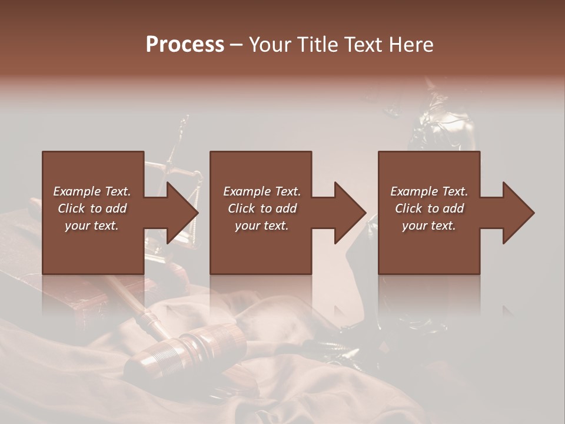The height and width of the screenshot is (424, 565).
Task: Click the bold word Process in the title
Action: (x=185, y=45)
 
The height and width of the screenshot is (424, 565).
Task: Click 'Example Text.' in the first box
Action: (x=92, y=191)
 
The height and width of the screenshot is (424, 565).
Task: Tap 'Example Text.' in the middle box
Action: (x=261, y=191)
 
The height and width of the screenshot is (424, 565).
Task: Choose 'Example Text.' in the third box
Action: (x=429, y=191)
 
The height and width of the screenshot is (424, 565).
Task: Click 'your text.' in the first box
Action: (x=92, y=226)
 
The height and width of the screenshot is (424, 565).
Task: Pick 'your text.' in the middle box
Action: (x=261, y=226)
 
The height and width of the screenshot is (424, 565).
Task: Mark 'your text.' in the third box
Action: (x=429, y=226)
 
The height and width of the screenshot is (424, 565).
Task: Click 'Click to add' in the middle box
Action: (x=261, y=208)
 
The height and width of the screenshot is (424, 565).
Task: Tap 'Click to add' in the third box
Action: (x=429, y=208)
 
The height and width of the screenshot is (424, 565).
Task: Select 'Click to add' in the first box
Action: (x=92, y=208)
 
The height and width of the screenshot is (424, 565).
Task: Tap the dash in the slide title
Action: (x=237, y=45)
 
